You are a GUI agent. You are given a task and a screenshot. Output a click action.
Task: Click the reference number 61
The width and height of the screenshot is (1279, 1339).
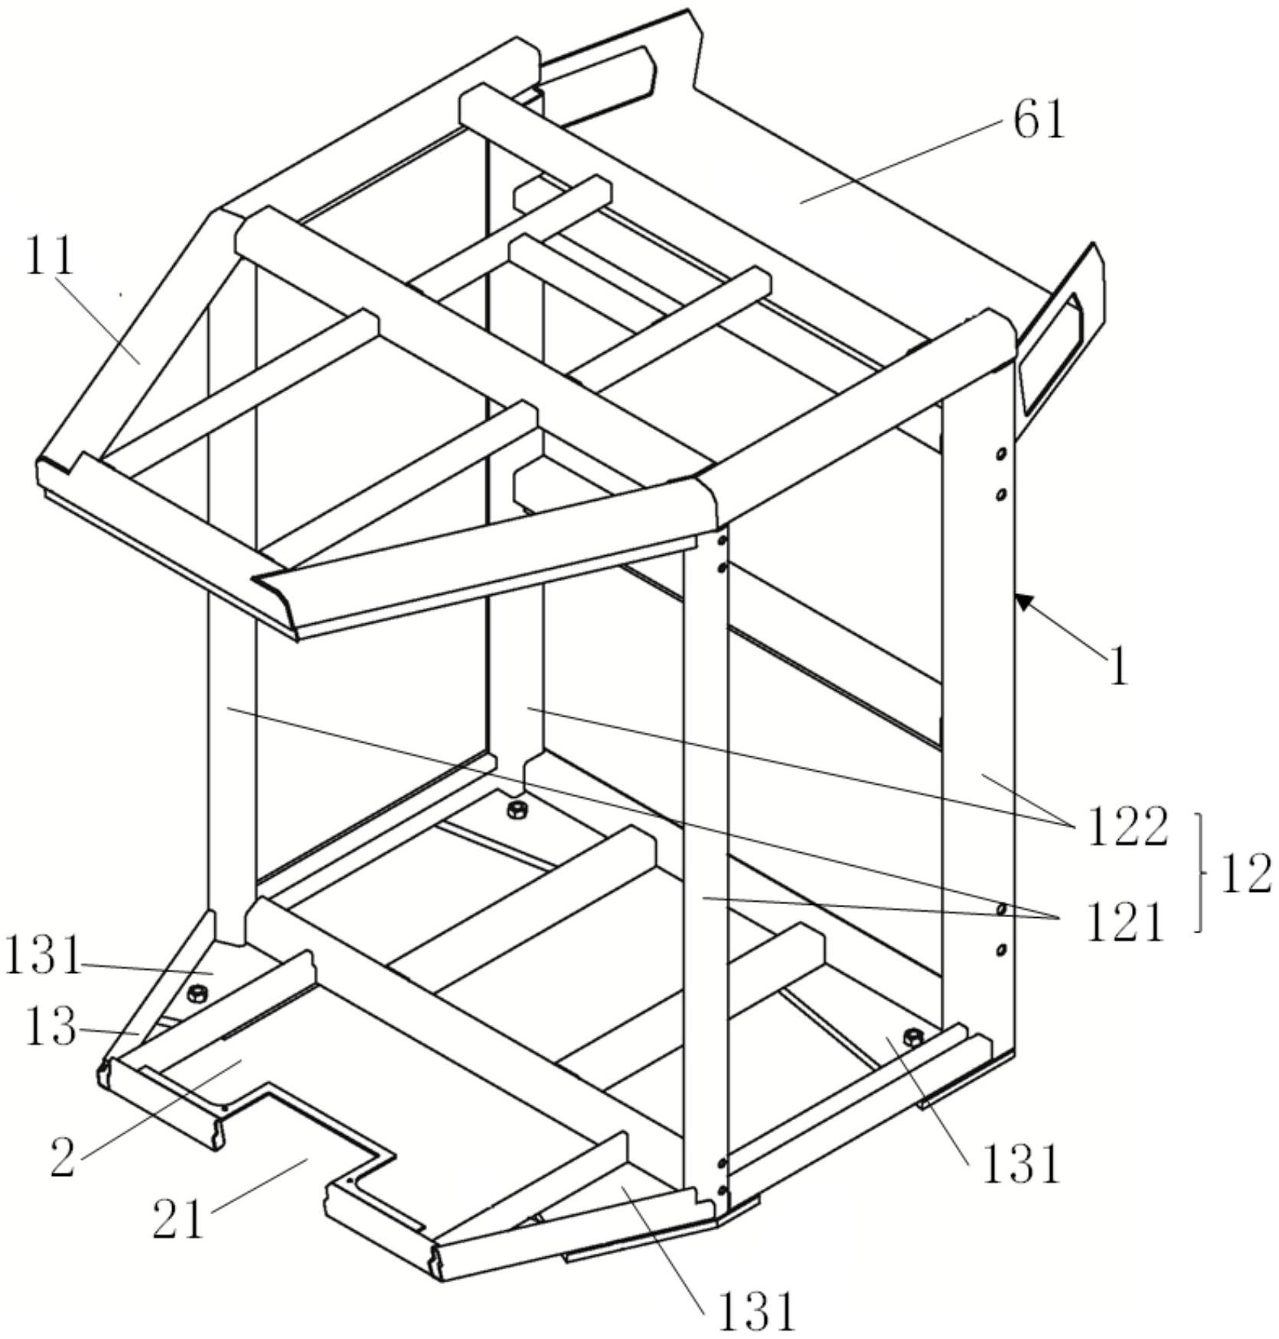pos(1039,122)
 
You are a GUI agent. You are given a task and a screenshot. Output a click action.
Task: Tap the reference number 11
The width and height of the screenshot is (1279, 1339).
pos(51,256)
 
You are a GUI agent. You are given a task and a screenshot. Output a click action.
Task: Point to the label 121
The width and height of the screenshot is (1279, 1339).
pos(1124,923)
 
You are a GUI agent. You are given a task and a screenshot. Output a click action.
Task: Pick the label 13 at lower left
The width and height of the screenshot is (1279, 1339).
pos(51,1028)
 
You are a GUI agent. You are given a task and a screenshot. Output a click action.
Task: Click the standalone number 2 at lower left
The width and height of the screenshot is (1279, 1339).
pos(63,1156)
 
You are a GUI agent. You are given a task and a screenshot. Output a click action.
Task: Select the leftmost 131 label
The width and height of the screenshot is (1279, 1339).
pos(43,956)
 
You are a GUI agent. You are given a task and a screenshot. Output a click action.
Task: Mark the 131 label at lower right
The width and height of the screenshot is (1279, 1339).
pos(1021,1164)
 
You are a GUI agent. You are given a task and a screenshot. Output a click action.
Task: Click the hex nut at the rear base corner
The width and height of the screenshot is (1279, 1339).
pos(517,809)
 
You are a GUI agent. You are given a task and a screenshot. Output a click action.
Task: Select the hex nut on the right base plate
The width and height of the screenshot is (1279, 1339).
pos(912,1037)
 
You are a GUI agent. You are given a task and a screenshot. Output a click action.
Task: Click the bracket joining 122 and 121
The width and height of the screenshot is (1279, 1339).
pos(1201,874)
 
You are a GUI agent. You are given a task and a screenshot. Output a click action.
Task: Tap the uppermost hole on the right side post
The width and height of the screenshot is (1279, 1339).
pos(1000,455)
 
